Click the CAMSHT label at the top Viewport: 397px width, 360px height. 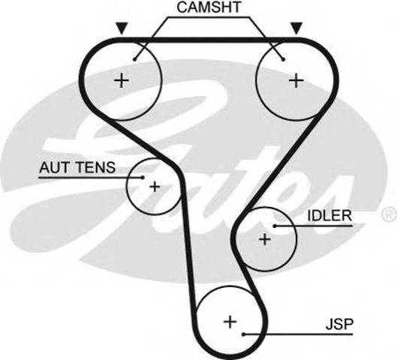tap(209, 7)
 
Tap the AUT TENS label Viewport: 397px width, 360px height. tap(77, 167)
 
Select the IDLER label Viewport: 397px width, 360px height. tap(329, 215)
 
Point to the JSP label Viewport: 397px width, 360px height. tap(339, 324)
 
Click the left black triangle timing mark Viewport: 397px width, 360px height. tap(122, 28)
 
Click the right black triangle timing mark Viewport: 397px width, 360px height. tap(296, 28)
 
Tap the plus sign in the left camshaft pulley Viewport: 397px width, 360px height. tap(122, 81)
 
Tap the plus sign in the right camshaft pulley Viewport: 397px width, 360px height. tap(296, 81)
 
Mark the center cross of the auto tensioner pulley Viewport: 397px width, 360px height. tap(155, 187)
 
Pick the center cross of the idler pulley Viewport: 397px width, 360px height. tap(265, 239)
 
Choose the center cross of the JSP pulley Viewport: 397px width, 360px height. tap(230, 322)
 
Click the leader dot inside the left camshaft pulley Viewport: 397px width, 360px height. tap(135, 59)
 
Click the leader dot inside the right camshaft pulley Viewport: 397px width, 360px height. tap(284, 59)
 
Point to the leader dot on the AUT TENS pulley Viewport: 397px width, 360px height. tap(143, 177)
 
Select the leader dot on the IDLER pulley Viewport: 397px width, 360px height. tap(275, 226)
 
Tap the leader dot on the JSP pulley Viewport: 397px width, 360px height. tap(243, 334)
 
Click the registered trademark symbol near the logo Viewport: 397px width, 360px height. tap(390, 214)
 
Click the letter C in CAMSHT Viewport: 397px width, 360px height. tap(182, 7)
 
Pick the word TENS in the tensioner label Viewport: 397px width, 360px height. tap(96, 167)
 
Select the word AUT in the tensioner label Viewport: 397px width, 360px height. tap(54, 167)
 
